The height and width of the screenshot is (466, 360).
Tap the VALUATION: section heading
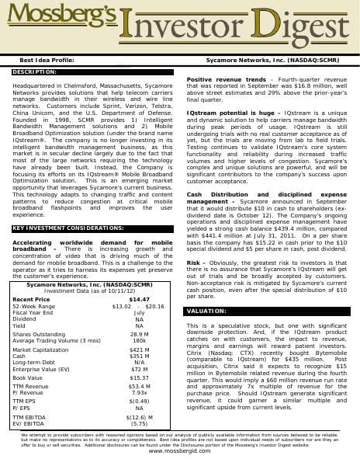coord(206,311)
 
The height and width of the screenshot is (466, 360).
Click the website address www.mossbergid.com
coord(179,451)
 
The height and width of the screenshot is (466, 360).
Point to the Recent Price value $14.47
coord(140,299)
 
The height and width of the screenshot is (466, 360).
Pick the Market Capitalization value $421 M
coord(140,350)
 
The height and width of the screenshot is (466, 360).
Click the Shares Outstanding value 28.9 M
coord(140,334)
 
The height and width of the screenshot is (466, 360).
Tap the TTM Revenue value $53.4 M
coord(140,386)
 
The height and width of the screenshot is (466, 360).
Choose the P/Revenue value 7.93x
coord(140,392)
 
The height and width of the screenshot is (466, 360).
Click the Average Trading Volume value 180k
coord(140,340)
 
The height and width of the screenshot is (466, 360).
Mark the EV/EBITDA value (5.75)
coord(140,423)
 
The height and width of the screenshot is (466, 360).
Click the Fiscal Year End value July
coord(140,311)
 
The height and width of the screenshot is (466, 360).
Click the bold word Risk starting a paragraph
coord(194,263)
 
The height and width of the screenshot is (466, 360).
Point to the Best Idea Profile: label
coord(47,59)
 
